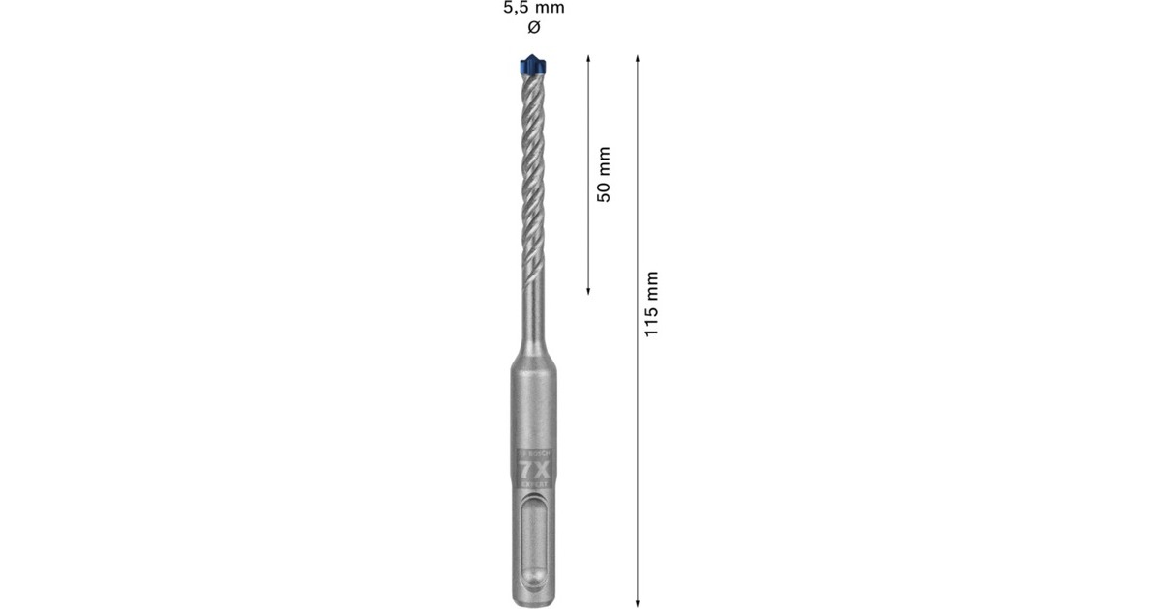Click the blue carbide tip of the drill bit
(x=532, y=68)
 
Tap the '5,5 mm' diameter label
(x=533, y=9)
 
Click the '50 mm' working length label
(x=604, y=174)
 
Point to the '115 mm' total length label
(x=651, y=304)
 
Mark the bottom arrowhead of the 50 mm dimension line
(x=589, y=289)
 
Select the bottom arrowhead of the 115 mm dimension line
(x=637, y=598)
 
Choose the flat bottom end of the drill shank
(x=533, y=602)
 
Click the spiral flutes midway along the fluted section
(x=533, y=174)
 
